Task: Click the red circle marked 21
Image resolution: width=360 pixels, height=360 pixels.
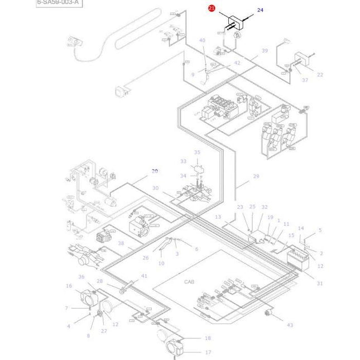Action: pos(212,8)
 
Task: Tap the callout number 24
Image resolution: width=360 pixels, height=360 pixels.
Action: pos(260,10)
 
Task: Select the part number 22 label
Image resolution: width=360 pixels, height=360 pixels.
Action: pos(320,74)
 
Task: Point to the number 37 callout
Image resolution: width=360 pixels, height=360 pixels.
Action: pos(305,80)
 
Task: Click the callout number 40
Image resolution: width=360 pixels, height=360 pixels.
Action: pos(202,40)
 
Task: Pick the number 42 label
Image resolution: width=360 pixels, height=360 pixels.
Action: pos(237,63)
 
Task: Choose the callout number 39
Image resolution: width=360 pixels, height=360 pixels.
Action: pos(265,51)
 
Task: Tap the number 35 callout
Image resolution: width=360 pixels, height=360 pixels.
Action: pos(197,152)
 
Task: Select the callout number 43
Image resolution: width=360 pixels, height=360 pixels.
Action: pos(290,325)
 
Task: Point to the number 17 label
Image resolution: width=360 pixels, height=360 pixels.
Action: pos(208,352)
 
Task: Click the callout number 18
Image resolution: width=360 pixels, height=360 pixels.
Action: pos(208,338)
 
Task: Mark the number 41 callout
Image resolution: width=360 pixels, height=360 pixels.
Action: pos(145,276)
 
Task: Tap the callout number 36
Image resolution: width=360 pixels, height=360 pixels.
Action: pos(81,277)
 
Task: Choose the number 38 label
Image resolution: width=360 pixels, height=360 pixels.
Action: pos(121,243)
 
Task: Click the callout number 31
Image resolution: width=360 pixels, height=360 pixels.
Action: pos(320,284)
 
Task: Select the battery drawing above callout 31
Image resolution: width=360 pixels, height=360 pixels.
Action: pos(297,259)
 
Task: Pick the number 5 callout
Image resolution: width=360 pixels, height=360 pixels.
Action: pos(320,230)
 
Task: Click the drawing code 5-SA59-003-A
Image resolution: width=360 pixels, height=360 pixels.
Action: pos(58,3)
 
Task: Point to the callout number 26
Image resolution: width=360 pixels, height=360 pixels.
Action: pos(146,258)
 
